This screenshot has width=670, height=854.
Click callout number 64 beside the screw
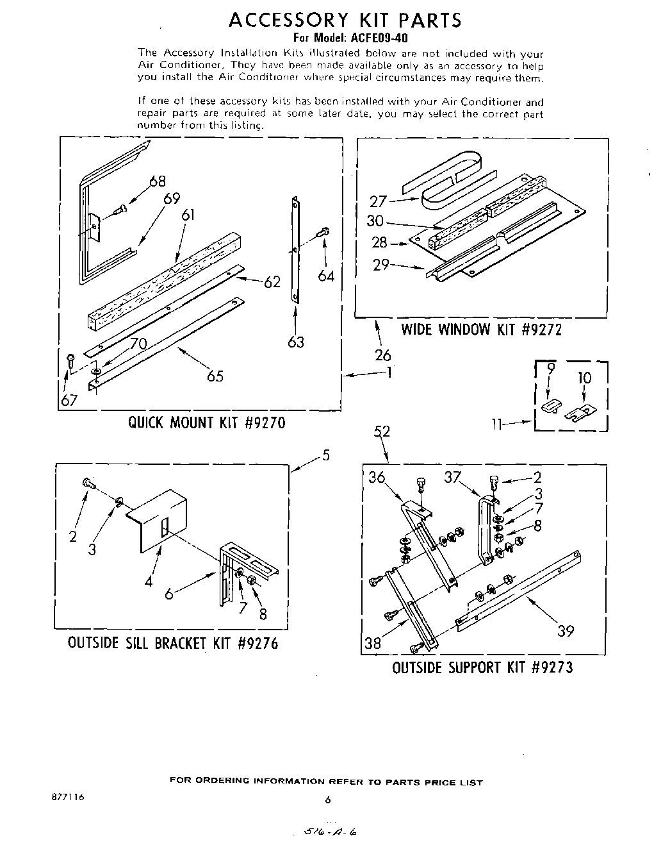click(326, 276)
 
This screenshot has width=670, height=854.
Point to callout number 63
click(296, 342)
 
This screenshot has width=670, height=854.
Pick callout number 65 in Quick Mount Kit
click(215, 376)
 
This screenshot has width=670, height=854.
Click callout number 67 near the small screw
click(69, 401)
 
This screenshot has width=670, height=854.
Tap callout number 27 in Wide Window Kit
click(378, 201)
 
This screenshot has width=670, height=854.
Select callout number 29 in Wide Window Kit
click(381, 264)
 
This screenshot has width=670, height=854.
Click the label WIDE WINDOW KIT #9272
click(481, 330)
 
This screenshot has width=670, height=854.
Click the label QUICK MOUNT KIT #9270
click(206, 423)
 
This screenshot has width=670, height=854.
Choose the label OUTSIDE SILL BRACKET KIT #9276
click(173, 643)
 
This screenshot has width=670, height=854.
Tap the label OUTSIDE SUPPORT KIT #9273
click(482, 667)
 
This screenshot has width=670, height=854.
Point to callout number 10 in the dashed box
click(584, 378)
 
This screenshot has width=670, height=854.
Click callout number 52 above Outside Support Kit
click(382, 431)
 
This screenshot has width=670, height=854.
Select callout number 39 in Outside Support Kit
click(565, 631)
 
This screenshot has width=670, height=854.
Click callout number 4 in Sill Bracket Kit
click(149, 582)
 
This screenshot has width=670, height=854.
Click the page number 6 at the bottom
click(327, 800)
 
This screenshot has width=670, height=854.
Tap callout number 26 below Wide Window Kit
click(383, 355)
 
